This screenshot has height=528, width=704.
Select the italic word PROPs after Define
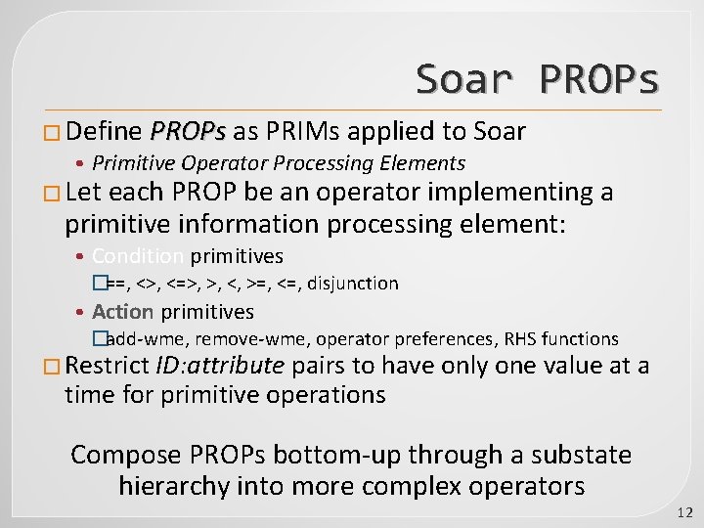point(188,131)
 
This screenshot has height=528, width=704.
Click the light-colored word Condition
point(138,256)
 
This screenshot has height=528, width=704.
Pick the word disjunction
point(354,284)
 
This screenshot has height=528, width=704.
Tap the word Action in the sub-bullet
point(123,312)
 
